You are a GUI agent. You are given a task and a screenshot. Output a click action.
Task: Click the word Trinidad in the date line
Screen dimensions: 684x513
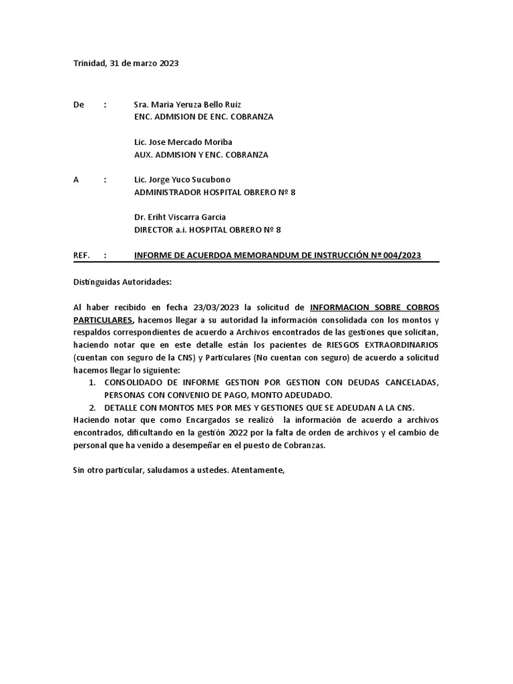pos(90,63)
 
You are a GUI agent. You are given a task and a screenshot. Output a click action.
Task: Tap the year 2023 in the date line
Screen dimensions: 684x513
pos(168,63)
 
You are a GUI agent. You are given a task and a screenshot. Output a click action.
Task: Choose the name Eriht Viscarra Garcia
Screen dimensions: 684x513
pos(186,217)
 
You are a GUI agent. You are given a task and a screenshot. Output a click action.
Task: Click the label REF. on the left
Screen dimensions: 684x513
pos(81,255)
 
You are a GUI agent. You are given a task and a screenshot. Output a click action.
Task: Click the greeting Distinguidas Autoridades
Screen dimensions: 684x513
pos(122,282)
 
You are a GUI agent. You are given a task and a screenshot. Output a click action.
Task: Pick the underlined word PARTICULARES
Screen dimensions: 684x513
pos(104,321)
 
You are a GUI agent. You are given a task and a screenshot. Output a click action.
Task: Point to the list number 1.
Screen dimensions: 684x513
pos(92,382)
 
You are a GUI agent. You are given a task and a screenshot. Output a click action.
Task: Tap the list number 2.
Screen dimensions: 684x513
pos(92,407)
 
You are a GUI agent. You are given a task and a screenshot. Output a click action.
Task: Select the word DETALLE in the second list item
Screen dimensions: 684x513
pos(122,407)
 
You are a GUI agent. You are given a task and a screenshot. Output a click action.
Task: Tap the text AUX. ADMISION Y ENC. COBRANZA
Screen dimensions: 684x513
pos(201,155)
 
